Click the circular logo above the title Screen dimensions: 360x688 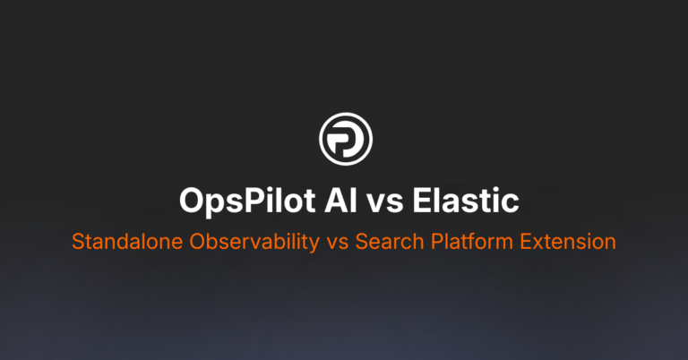pos(346,140)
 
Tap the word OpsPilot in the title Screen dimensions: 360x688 pos(233,201)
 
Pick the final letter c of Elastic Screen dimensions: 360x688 pos(512,202)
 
